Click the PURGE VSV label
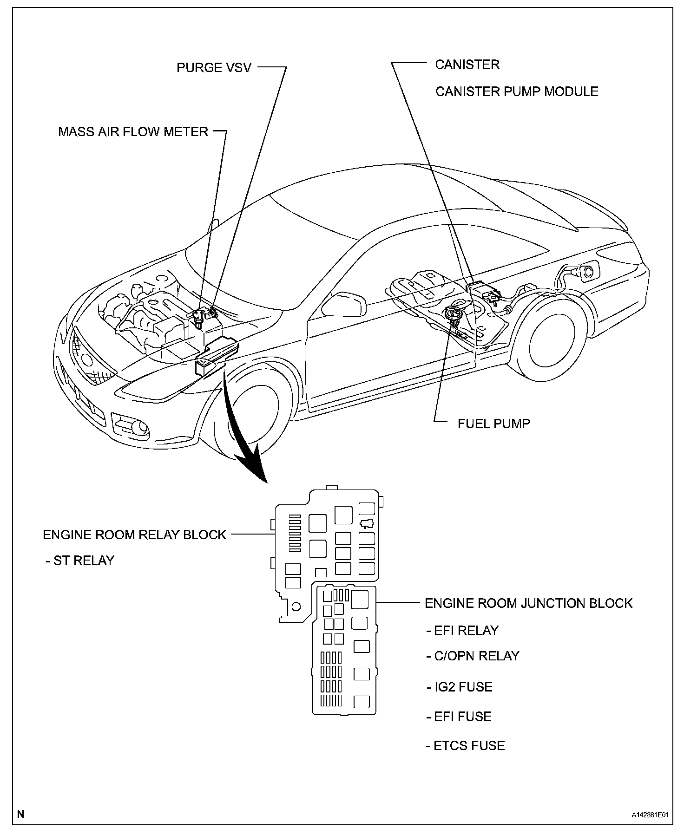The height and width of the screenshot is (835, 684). (x=214, y=68)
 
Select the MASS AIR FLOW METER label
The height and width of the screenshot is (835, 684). (x=133, y=132)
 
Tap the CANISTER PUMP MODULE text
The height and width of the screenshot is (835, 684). (x=516, y=91)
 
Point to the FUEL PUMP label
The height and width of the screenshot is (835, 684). (x=493, y=424)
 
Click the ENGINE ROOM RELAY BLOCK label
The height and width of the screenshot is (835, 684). (x=134, y=535)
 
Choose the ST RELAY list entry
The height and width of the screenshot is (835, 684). (x=80, y=561)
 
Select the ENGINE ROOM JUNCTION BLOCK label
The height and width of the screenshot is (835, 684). (x=528, y=603)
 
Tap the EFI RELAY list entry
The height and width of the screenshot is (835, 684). (x=462, y=630)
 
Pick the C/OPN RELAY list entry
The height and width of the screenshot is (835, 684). (x=473, y=656)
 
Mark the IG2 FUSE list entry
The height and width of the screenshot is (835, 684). (x=460, y=687)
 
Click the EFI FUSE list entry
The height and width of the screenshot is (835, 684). (x=459, y=717)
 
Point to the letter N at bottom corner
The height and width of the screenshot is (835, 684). (x=21, y=814)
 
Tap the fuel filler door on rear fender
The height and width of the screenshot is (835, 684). (x=587, y=273)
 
